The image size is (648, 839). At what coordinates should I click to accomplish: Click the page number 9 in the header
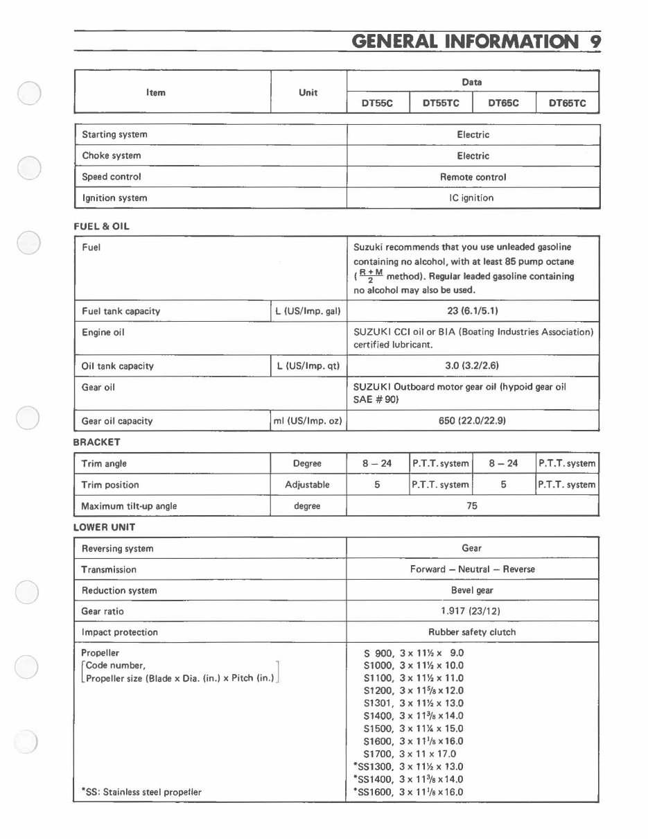point(595,41)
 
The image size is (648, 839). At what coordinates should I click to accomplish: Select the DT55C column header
point(377,103)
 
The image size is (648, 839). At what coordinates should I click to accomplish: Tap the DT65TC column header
point(567,103)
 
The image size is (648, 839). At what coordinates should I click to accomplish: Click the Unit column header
point(308,92)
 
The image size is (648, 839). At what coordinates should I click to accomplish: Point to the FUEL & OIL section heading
point(101,226)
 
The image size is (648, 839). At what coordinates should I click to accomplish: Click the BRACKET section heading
point(97,442)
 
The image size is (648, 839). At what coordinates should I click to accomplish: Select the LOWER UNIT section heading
point(105,527)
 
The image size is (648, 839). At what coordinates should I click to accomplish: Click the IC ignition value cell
point(471,198)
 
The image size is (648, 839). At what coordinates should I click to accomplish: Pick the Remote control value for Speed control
point(473,177)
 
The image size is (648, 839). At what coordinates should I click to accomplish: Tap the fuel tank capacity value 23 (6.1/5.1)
point(472,311)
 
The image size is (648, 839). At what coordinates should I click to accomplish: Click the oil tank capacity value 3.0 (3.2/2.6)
point(472,366)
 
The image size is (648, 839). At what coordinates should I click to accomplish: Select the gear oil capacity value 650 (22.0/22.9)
point(472,421)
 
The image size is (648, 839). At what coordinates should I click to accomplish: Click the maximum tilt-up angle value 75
point(472,506)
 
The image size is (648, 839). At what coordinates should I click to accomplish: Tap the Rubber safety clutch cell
point(471,632)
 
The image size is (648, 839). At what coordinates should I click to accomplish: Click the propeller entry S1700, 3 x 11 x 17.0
point(410,754)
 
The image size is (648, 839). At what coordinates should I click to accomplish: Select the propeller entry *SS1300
point(408,767)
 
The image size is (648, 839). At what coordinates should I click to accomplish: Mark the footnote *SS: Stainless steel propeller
point(141,792)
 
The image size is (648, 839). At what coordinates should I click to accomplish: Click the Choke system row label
point(111,156)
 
